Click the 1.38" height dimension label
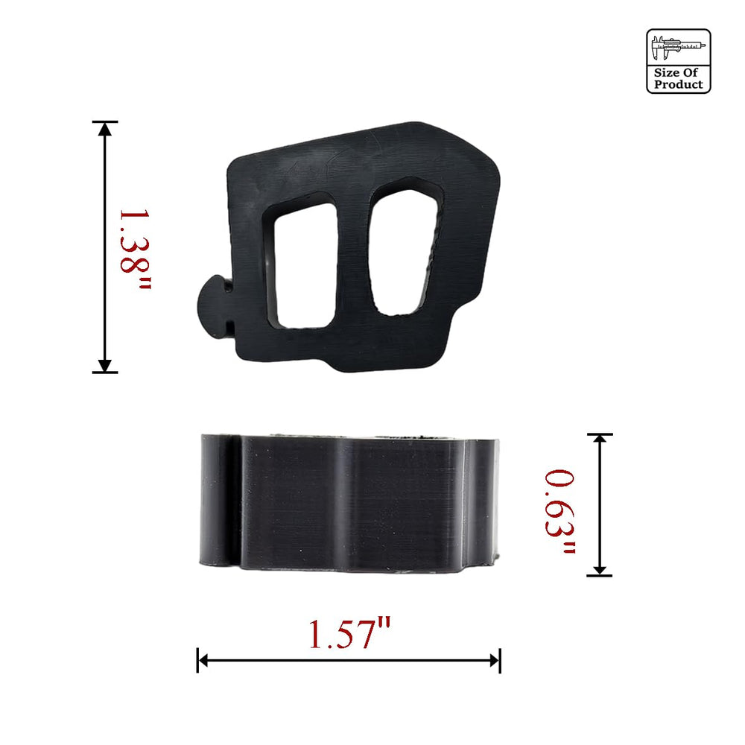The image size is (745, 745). coord(134,250)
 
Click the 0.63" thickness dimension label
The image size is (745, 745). coord(559,511)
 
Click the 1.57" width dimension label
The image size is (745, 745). coord(349,634)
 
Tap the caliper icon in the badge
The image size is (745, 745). coord(678,48)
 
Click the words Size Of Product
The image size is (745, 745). coord(678,78)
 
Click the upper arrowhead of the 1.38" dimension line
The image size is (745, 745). coord(105,129)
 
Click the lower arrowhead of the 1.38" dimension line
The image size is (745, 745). coord(105,365)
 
